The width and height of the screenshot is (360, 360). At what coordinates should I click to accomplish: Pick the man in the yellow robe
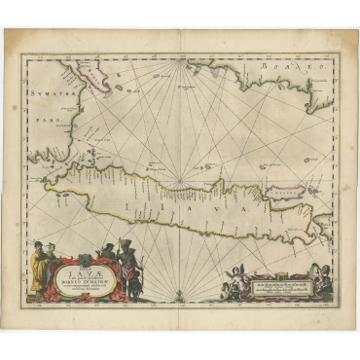pos(37,261)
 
